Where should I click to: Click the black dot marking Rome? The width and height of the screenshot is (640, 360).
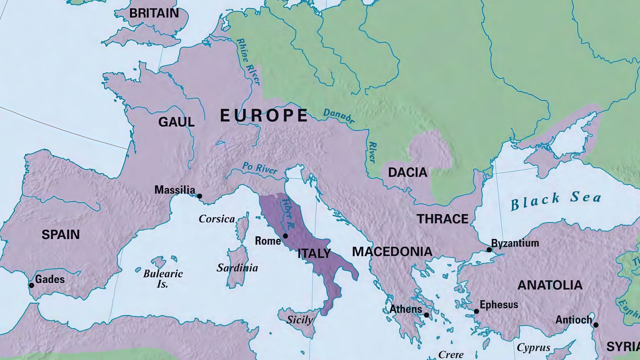(285, 236)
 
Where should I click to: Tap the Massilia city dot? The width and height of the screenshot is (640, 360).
(200, 196)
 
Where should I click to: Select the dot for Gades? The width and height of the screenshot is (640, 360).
(31, 285)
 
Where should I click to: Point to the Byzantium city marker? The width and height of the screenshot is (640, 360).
(489, 250)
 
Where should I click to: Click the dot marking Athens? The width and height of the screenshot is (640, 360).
(426, 315)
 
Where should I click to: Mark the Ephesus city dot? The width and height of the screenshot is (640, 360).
(476, 311)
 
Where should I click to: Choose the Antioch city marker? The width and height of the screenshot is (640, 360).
(596, 325)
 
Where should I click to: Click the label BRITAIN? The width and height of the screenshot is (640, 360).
(154, 13)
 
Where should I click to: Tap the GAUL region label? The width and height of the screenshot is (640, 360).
(176, 122)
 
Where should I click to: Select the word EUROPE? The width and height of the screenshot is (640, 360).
(264, 116)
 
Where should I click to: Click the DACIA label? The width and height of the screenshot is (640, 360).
(408, 172)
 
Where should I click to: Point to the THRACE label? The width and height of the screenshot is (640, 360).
(443, 219)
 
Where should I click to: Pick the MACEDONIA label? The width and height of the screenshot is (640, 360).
(392, 251)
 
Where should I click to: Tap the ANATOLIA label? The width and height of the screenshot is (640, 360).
(550, 285)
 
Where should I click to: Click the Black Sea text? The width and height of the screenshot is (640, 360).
(556, 200)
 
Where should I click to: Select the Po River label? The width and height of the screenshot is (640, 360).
(260, 168)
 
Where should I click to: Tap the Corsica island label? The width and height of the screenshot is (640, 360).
(217, 219)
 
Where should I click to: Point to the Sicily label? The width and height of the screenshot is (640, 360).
(300, 320)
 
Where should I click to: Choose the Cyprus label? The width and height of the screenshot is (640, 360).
(533, 348)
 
